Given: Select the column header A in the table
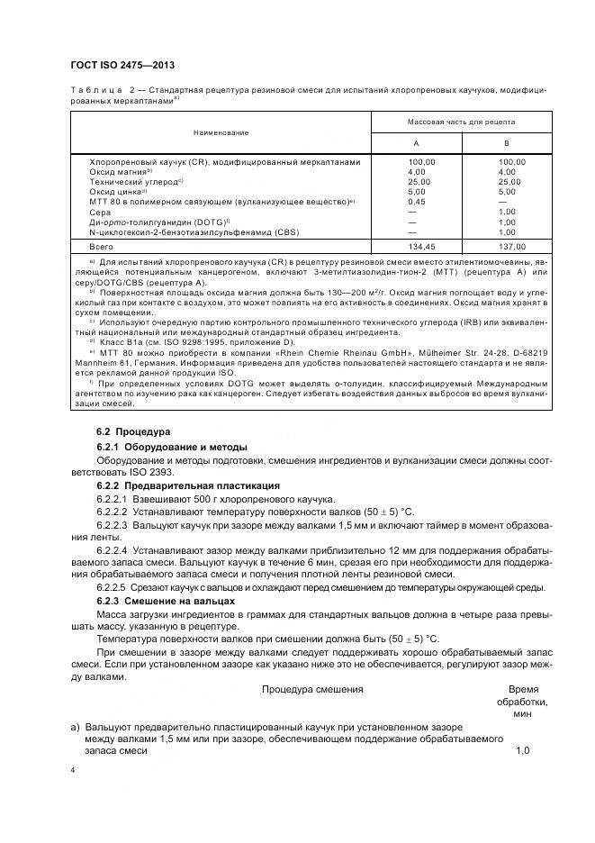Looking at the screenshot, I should click(415, 143).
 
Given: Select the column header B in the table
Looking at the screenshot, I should click(506, 143).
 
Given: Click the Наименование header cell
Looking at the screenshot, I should click(221, 132).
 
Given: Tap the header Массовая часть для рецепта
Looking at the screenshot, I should click(461, 120).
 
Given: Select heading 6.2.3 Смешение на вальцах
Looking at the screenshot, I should click(165, 600).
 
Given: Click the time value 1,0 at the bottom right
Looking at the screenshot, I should click(522, 749).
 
